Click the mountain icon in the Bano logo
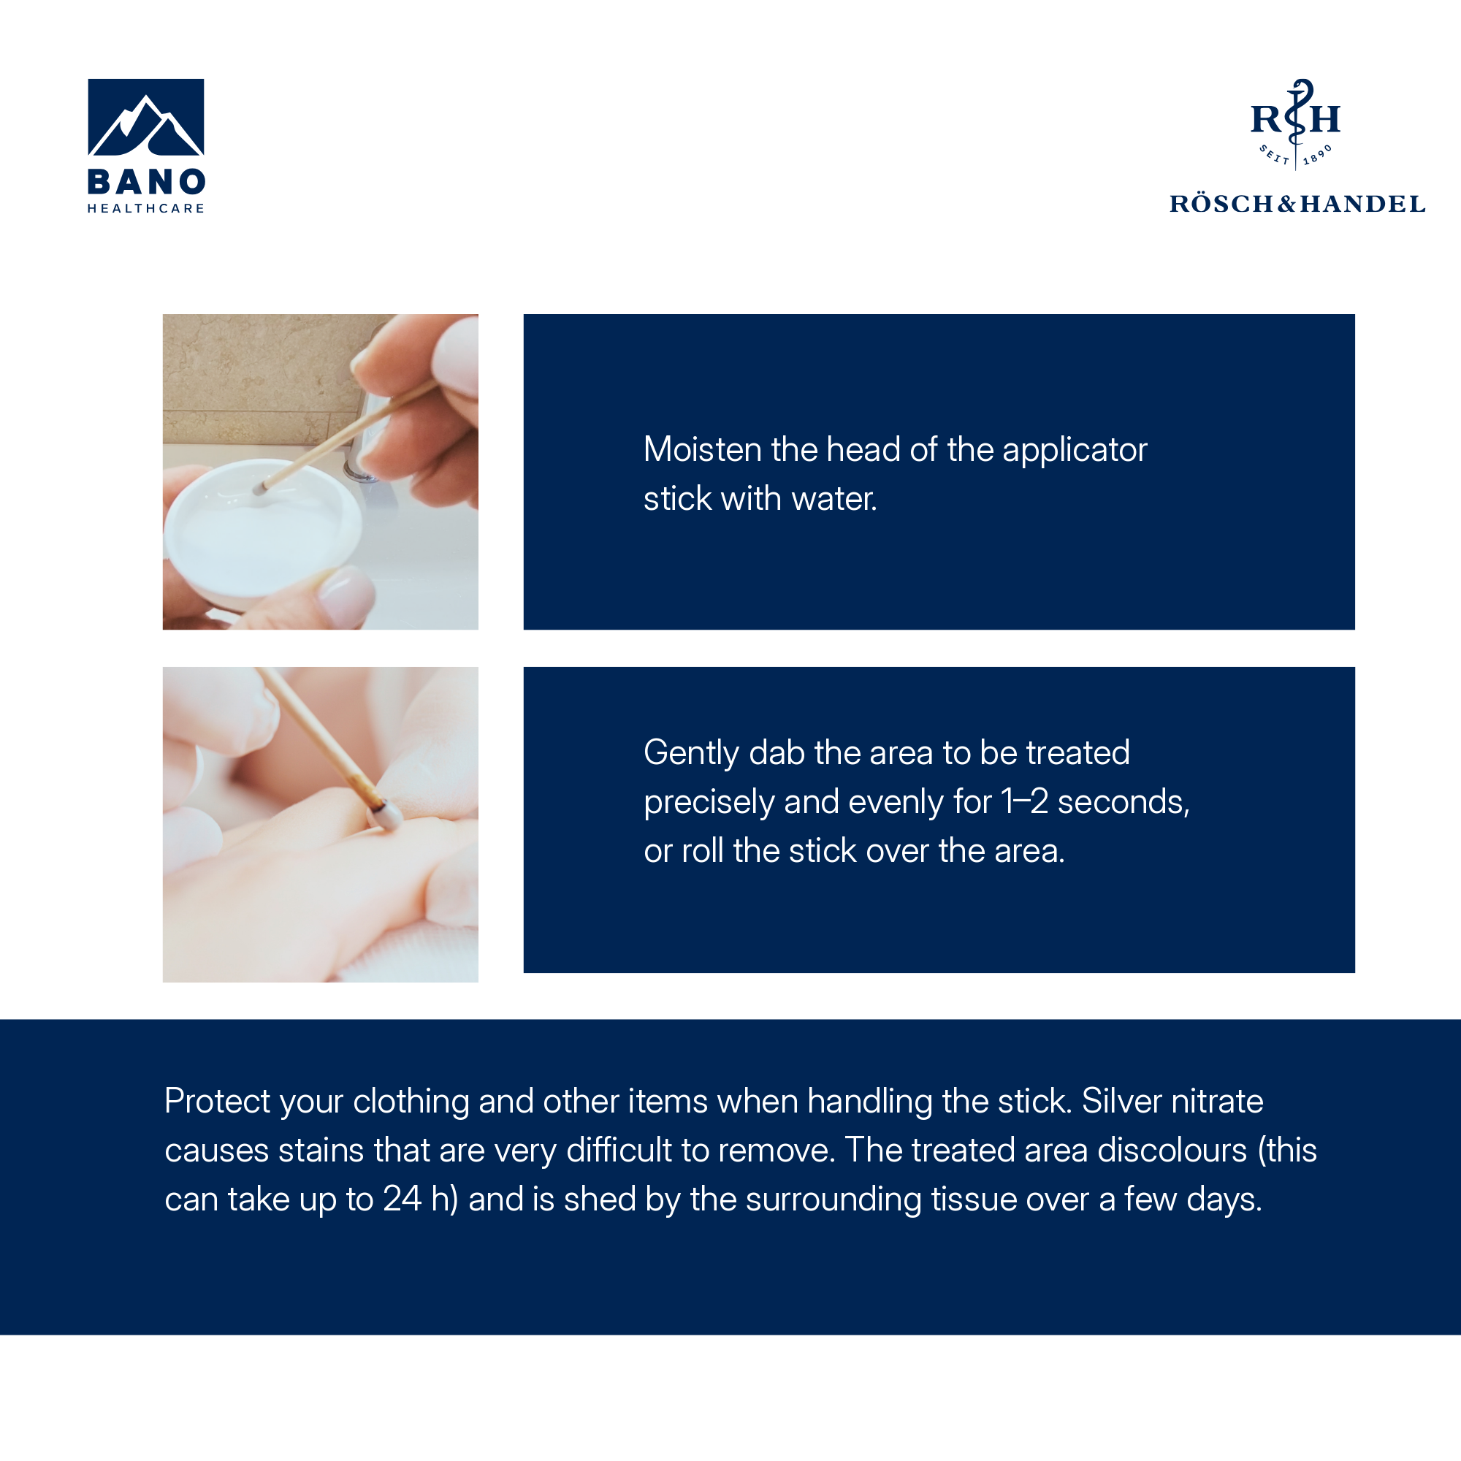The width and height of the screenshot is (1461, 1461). pyautogui.click(x=146, y=116)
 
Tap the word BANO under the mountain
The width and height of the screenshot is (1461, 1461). pyautogui.click(x=146, y=181)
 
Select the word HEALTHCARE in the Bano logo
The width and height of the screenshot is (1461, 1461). pyautogui.click(x=146, y=209)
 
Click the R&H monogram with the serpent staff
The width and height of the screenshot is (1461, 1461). pyautogui.click(x=1295, y=124)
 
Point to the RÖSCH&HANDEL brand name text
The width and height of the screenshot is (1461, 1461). pyautogui.click(x=1297, y=205)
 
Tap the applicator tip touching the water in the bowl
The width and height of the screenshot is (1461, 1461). pyautogui.click(x=259, y=489)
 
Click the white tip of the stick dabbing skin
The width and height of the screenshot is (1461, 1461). pyautogui.click(x=385, y=817)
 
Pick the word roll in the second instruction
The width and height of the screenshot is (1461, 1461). pyautogui.click(x=703, y=851)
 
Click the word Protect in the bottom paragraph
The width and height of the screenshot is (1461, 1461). pyautogui.click(x=217, y=1101)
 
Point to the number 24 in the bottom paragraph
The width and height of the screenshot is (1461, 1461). pyautogui.click(x=402, y=1199)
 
